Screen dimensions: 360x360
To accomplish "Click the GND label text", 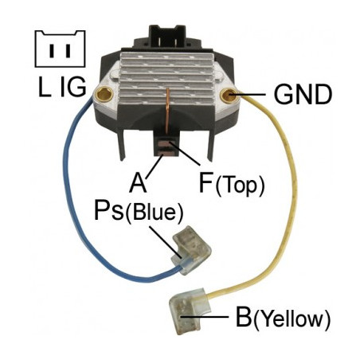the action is [303, 94].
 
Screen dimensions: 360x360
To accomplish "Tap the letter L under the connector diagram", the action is [45, 88].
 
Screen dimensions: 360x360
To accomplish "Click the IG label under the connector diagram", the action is [73, 87].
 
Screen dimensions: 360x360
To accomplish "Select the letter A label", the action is [138, 183].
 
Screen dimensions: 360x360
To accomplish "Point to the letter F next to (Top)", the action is [205, 183].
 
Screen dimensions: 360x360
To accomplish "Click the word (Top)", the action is [240, 185].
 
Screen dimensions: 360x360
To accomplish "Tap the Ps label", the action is [109, 209].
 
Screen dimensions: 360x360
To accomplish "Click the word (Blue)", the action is [155, 213].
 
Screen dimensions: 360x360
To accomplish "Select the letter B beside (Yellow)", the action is [243, 317].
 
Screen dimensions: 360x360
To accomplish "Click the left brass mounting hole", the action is [104, 93].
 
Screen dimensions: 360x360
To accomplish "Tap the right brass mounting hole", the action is [229, 96].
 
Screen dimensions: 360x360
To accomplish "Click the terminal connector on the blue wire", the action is [191, 250].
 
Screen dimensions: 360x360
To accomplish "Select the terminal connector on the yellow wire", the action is [189, 310].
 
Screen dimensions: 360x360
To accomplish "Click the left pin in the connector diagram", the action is [52, 51].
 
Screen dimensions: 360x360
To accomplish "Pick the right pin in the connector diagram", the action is [68, 51].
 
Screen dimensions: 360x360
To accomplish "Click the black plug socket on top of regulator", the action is [167, 37].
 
